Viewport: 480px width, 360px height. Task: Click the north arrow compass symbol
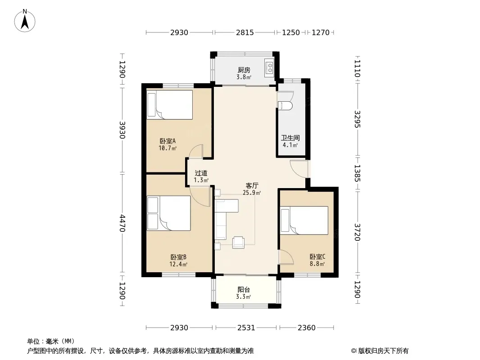[x=25, y=21]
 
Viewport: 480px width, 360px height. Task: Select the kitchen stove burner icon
[x=270, y=67]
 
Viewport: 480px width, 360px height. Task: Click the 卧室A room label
[x=168, y=141]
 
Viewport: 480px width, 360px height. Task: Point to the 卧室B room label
[x=178, y=257]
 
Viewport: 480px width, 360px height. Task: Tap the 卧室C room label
[x=317, y=256]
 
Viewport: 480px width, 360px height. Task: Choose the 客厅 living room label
[x=252, y=185]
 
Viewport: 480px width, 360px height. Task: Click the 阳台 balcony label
[x=244, y=289]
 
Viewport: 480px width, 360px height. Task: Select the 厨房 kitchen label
[x=244, y=70]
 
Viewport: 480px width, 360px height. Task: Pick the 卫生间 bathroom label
[x=290, y=138]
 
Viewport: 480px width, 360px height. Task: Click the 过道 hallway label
[x=201, y=173]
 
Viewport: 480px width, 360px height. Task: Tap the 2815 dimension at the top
[x=245, y=32]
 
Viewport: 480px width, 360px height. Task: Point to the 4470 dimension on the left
[x=122, y=223]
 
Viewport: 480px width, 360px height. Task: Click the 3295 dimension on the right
[x=358, y=119]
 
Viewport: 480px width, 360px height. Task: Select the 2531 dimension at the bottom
[x=246, y=328]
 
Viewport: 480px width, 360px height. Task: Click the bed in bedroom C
[x=304, y=220]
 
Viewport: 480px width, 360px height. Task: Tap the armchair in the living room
[x=238, y=242]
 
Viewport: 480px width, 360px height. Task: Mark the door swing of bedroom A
[x=196, y=151]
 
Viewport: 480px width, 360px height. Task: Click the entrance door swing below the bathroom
[x=299, y=169]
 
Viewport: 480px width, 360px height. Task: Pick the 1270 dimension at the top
[x=321, y=32]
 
